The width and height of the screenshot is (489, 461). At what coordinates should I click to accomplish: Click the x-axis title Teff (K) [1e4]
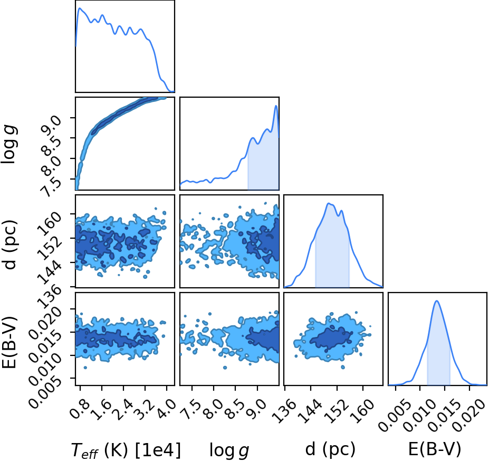coord(126,450)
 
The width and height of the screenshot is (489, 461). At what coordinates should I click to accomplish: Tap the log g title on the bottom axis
coord(229,450)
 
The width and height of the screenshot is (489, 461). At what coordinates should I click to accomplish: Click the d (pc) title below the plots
coord(330,449)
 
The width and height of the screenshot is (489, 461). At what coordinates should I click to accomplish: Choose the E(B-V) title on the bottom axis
coord(435,449)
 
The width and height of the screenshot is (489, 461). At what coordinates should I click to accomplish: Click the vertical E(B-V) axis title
coord(9,342)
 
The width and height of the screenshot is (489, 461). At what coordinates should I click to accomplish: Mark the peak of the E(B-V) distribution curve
coord(437,301)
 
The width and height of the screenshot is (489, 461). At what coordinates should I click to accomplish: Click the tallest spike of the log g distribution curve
coord(276,106)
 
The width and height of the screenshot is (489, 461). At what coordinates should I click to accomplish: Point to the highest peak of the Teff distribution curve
coord(80,8)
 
